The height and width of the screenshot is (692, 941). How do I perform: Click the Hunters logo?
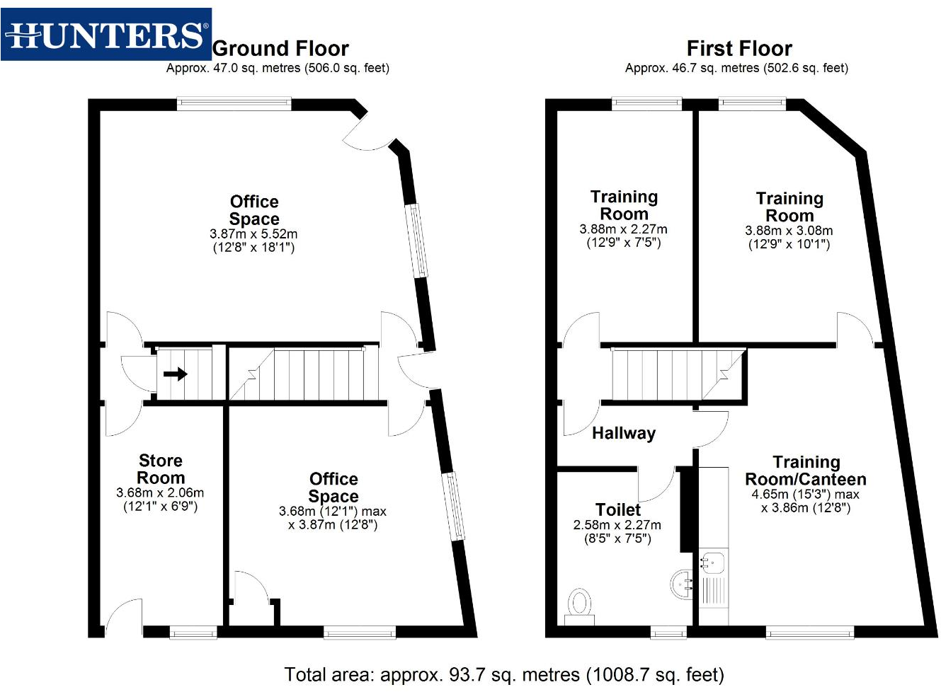[106, 35]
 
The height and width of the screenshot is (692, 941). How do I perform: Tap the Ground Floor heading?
[280, 49]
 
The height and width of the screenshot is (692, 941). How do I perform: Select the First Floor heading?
[738, 49]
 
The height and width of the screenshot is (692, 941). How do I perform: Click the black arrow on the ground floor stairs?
[175, 374]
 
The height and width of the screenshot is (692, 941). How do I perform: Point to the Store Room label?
[161, 469]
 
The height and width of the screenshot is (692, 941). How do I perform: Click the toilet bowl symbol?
[580, 604]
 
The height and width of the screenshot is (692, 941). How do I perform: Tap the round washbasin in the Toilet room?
[682, 584]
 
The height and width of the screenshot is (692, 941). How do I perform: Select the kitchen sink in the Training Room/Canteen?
[713, 563]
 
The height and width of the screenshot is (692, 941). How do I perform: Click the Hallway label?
[623, 433]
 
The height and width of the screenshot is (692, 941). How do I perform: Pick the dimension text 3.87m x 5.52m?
[253, 234]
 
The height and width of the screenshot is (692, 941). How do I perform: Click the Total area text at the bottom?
[504, 674]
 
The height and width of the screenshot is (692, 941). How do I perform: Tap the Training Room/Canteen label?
[806, 471]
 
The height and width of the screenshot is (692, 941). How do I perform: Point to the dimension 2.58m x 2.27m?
[617, 525]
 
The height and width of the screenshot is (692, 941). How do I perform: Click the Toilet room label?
[617, 509]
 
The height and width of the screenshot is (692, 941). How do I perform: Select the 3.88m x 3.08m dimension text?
[789, 231]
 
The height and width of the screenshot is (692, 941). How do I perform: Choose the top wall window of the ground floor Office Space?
[234, 104]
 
